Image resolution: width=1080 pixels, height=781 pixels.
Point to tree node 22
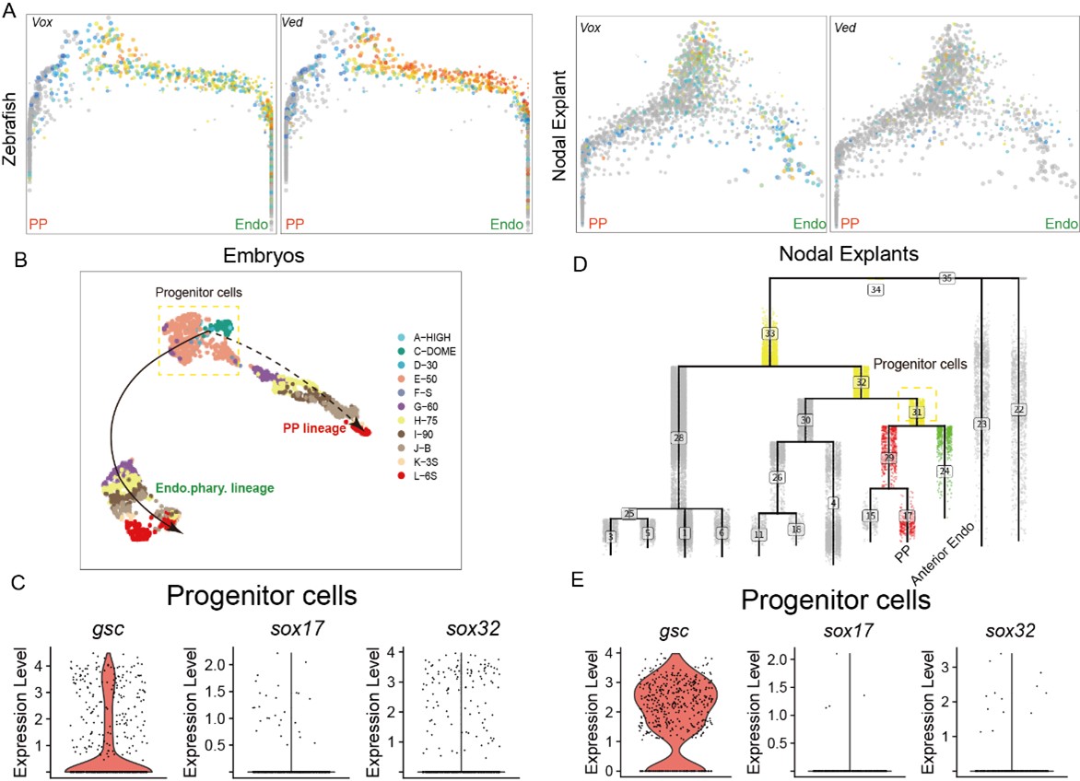[1017, 409]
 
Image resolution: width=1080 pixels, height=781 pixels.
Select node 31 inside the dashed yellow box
[917, 414]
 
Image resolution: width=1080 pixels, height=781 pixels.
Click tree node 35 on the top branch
[946, 277]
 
